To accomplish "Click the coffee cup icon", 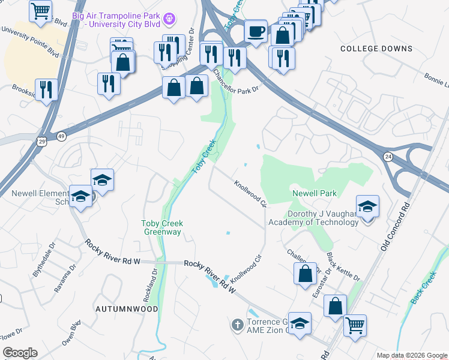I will (x=256, y=31).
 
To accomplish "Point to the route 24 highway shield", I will (x=388, y=156).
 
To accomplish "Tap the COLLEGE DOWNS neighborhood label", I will (x=376, y=49).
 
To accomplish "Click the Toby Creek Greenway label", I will (x=161, y=228).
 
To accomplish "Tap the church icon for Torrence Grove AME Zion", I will (x=237, y=325).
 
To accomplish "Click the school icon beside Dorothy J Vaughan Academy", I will (x=367, y=207).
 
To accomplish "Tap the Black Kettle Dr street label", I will (x=343, y=266).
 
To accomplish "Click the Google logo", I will (x=19, y=353).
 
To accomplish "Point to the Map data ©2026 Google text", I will (x=412, y=355).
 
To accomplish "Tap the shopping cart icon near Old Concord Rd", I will (x=355, y=325).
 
